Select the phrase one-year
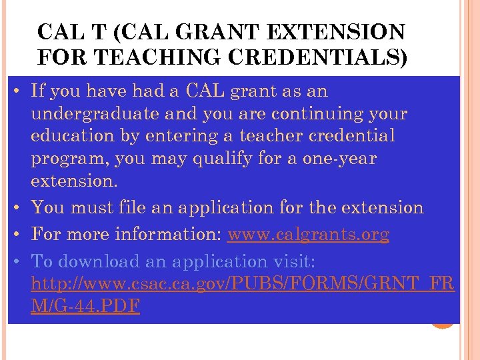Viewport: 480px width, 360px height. pyautogui.click(x=343, y=159)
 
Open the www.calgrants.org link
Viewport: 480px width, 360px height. pyautogui.click(x=308, y=235)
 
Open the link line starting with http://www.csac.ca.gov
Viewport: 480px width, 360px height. pyautogui.click(x=243, y=284)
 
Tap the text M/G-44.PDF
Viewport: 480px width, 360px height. pyautogui.click(x=85, y=307)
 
